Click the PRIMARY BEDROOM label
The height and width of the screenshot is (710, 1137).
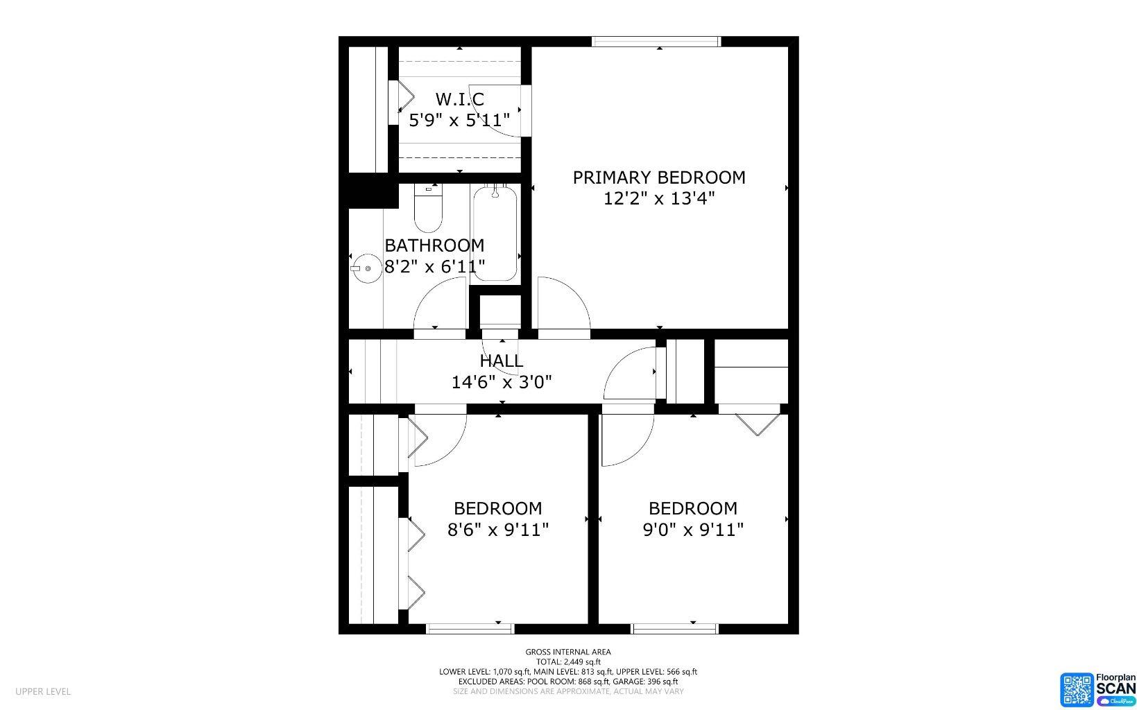point(658,177)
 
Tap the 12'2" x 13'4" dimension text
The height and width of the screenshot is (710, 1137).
point(658,199)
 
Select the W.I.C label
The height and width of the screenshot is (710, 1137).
point(459,99)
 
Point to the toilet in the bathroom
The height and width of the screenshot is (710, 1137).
point(428,209)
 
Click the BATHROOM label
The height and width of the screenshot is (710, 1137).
point(434,245)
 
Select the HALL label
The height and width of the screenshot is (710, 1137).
point(501,361)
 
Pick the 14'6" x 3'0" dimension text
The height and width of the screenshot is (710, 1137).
point(502,382)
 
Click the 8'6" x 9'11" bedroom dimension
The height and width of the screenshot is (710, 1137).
point(498,530)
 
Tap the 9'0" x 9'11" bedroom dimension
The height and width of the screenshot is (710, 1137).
point(693,530)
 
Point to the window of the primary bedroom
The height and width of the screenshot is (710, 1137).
point(656,42)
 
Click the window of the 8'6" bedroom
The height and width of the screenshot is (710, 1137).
point(470,628)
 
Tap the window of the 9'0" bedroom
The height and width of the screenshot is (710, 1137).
point(674,628)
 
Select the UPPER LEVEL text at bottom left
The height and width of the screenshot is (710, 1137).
point(43,691)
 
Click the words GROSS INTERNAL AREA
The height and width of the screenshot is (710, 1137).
point(567,652)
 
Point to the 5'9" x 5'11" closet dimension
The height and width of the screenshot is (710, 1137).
point(459,121)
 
